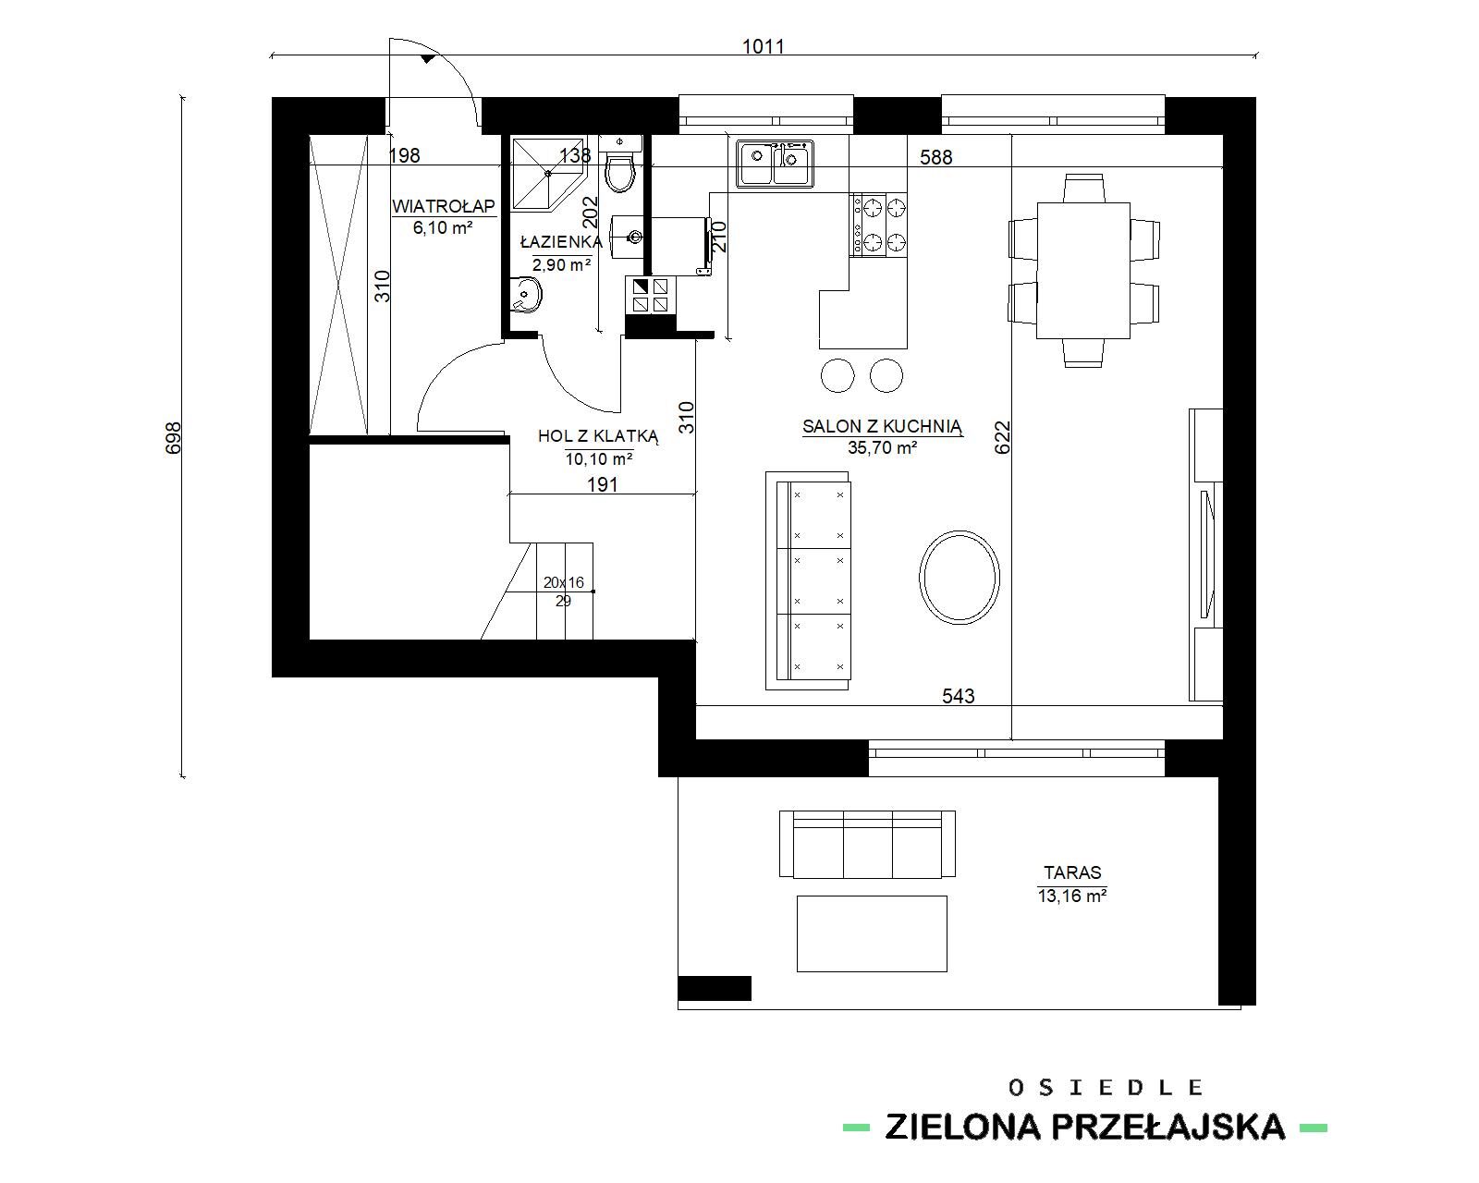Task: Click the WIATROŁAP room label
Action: [x=444, y=205]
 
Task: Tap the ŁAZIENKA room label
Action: [x=561, y=242]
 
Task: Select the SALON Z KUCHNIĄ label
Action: [x=883, y=426]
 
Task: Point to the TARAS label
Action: [x=1072, y=873]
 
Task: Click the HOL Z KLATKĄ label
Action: [x=598, y=436]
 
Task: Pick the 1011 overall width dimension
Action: [x=763, y=47]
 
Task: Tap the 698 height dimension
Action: [x=173, y=437]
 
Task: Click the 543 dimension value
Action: [x=958, y=696]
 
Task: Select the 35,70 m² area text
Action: [x=883, y=448]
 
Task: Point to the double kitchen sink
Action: [x=776, y=164]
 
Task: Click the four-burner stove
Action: [x=878, y=225]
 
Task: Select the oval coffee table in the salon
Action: [x=960, y=578]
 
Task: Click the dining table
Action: [x=1083, y=270]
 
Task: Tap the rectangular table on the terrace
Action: [x=872, y=933]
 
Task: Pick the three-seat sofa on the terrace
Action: [x=867, y=844]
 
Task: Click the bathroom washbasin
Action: [x=526, y=295]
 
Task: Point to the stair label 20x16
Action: [x=564, y=582]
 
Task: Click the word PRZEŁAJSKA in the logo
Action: [x=1168, y=1127]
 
